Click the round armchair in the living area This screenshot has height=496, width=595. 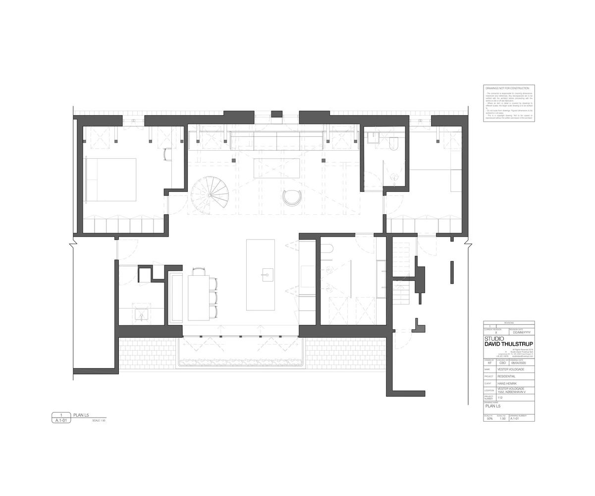[292, 197]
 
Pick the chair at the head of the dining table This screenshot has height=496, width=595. [199, 271]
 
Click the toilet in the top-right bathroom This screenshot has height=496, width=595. [394, 144]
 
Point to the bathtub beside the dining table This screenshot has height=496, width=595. [176, 297]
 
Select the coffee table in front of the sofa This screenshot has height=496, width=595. [277, 168]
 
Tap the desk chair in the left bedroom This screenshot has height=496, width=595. [167, 154]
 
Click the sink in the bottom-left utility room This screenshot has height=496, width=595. [142, 314]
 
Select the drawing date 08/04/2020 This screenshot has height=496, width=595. [520, 363]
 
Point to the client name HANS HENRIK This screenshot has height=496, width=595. [507, 383]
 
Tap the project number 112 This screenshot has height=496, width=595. [500, 397]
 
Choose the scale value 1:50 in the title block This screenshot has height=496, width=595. [502, 419]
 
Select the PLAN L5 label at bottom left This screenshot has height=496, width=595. [81, 415]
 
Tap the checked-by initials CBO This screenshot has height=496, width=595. [502, 363]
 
